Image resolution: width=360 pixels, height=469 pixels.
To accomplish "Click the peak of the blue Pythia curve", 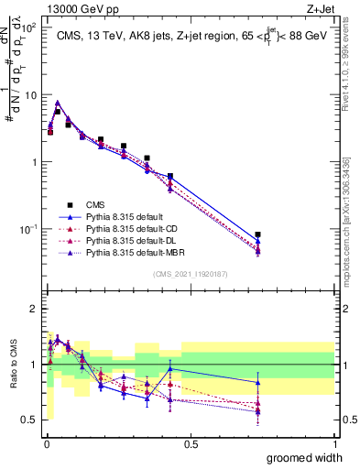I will (58, 103).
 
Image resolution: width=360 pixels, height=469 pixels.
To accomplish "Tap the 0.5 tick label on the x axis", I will (191, 443).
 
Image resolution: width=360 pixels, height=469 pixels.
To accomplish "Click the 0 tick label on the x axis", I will (46, 443).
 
